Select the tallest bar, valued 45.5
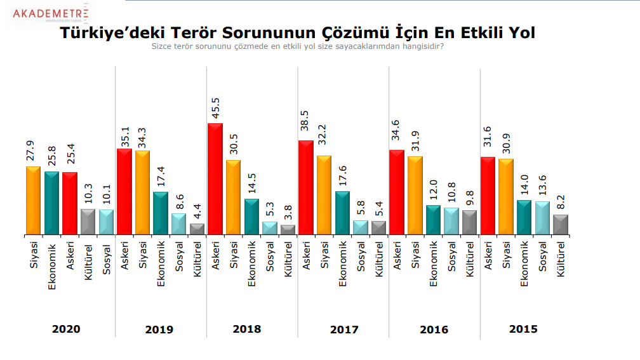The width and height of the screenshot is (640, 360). click(x=215, y=179)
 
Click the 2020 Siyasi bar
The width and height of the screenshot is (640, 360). click(x=34, y=201)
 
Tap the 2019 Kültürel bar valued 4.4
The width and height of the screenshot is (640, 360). click(x=197, y=229)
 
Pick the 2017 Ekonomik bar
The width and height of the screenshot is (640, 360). click(x=342, y=213)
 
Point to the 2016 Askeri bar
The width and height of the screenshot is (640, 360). click(x=397, y=192)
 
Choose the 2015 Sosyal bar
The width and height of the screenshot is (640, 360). click(x=542, y=218)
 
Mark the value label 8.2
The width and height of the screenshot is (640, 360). click(x=561, y=201)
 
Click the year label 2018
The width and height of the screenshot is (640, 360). click(x=247, y=329)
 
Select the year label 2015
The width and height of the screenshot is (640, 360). click(x=523, y=329)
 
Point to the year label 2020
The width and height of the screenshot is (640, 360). click(x=66, y=329)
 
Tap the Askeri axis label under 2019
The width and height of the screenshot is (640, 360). click(x=124, y=257)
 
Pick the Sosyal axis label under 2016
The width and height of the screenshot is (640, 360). click(x=451, y=258)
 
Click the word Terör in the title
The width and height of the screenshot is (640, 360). click(x=183, y=32)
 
